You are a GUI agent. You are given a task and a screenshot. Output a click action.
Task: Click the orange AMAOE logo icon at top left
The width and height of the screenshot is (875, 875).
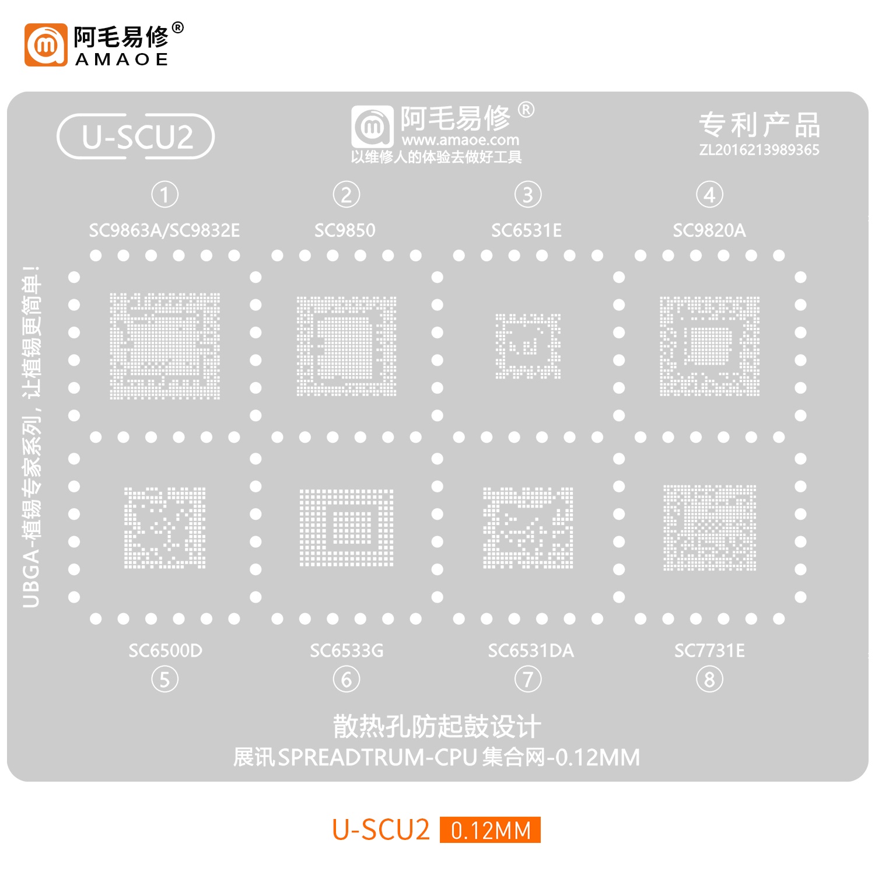click(x=46, y=45)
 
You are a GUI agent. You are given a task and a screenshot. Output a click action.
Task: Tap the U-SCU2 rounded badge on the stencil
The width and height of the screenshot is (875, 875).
click(x=136, y=136)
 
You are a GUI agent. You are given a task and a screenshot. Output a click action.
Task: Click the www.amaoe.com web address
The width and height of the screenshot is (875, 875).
click(x=460, y=140)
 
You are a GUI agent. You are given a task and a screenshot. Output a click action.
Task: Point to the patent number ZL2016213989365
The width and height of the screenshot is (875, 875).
click(x=759, y=150)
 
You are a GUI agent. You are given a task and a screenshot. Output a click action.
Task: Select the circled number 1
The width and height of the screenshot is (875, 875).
click(x=164, y=195)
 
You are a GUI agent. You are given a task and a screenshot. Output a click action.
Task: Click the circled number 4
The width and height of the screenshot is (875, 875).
click(x=709, y=195)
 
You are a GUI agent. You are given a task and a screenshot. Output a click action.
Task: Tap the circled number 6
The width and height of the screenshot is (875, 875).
click(x=346, y=680)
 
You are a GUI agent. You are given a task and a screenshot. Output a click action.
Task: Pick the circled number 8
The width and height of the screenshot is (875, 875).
click(x=709, y=680)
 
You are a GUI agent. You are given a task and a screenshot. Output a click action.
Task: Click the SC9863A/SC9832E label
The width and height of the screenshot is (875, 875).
click(x=164, y=230)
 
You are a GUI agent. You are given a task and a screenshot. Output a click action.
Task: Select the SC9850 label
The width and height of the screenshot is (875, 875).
click(x=345, y=230)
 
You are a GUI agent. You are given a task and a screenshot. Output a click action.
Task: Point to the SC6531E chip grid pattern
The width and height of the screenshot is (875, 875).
click(x=528, y=346)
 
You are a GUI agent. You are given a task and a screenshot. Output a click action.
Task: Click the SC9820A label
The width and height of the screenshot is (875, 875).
click(x=709, y=230)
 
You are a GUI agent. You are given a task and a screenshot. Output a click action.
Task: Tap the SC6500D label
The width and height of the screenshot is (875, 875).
click(x=165, y=650)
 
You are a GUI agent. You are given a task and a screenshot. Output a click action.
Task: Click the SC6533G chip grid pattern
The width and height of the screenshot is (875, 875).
click(x=346, y=528)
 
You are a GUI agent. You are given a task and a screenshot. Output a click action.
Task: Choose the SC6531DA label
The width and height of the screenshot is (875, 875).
click(x=531, y=650)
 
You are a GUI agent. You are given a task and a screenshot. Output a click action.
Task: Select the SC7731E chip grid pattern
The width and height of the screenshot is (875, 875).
click(x=709, y=528)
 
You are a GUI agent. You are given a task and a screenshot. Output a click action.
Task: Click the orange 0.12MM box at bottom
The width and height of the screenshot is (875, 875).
click(x=490, y=830)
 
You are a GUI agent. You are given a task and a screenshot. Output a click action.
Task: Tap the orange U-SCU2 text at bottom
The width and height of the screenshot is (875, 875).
click(x=381, y=830)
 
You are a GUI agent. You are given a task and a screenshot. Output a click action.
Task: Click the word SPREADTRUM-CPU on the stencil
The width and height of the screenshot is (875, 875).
click(x=377, y=757)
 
